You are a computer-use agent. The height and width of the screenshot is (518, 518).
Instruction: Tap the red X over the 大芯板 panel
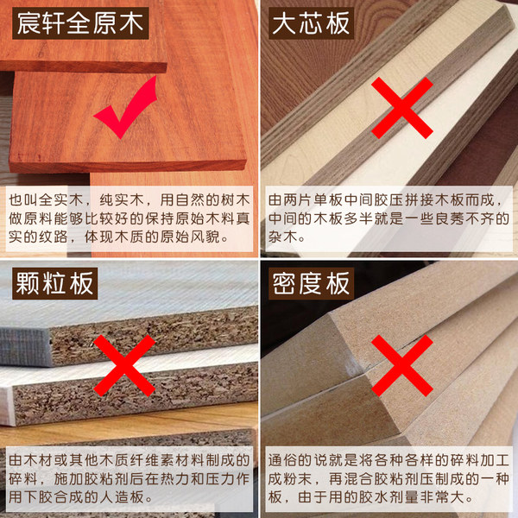pyautogui.click(x=402, y=108)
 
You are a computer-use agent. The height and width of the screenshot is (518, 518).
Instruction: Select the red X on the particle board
pyautogui.click(x=124, y=365)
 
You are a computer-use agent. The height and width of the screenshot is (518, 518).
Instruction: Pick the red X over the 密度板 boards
pyautogui.click(x=402, y=365)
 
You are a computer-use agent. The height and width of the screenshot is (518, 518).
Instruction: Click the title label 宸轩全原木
pyautogui.click(x=80, y=23)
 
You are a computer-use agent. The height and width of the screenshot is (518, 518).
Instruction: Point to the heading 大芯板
pyautogui.click(x=311, y=23)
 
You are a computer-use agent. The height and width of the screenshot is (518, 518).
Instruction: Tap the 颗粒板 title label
pyautogui.click(x=55, y=283)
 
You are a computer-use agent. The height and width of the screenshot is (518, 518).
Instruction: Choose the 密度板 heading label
pyautogui.click(x=311, y=283)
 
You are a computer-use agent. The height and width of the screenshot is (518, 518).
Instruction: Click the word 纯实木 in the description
pyautogui.click(x=122, y=200)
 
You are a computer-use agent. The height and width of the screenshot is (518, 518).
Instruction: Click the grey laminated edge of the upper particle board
pyautogui.click(x=25, y=347)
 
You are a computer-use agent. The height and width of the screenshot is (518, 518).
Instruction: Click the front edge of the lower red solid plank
pyautogui.click(x=128, y=167)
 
